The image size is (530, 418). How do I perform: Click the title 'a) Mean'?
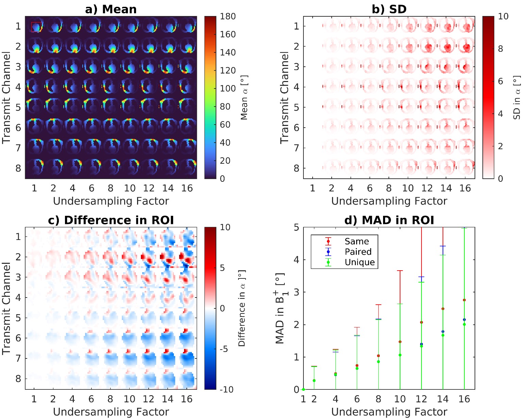click(x=111, y=9)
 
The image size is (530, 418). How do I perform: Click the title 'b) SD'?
click(x=389, y=9)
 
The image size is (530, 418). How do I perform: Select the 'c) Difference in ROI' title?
click(x=111, y=220)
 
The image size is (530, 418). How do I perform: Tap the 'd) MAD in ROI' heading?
click(x=389, y=220)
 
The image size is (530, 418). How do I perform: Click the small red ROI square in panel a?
click(x=36, y=27)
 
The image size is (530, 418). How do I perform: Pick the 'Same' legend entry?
click(x=357, y=241)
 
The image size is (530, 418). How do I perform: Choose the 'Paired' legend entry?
click(x=358, y=252)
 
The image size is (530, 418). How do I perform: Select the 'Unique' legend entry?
click(x=360, y=262)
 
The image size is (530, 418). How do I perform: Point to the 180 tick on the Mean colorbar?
click(x=228, y=16)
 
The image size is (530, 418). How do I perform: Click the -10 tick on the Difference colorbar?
click(x=226, y=389)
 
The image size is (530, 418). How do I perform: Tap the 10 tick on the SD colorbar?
click(x=503, y=16)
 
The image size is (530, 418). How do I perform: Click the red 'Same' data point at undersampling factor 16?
click(x=464, y=300)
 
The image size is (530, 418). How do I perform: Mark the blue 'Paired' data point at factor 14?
click(x=443, y=332)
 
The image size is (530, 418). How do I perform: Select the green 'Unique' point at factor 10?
click(x=400, y=355)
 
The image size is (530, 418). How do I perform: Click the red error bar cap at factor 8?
click(x=379, y=305)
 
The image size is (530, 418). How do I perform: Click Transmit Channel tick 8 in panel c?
click(x=18, y=379)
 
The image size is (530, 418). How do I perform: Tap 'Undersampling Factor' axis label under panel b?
click(x=389, y=201)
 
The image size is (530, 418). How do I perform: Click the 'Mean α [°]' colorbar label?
click(x=244, y=98)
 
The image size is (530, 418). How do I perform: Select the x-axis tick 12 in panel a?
click(x=149, y=188)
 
